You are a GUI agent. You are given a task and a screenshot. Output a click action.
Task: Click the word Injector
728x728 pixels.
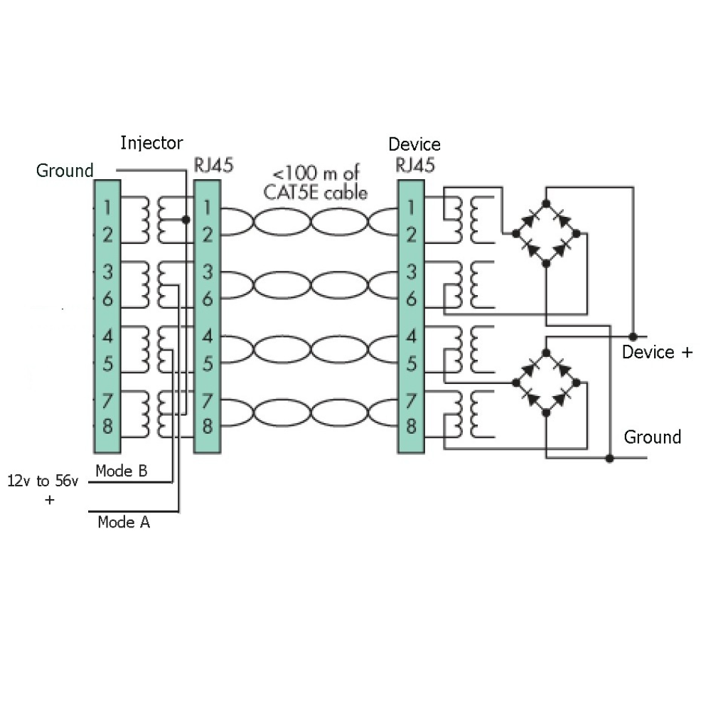[151, 142]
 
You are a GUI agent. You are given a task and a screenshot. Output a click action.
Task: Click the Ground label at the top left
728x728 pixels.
[65, 171]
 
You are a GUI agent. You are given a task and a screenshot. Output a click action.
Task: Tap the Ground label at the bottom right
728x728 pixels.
[652, 437]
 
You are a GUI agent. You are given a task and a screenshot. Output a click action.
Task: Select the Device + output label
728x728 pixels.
[657, 352]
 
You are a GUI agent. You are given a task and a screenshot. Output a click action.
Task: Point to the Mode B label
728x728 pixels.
[122, 470]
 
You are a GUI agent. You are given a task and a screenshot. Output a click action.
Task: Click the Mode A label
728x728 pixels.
[124, 523]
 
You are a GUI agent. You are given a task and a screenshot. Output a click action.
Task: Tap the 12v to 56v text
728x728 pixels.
[43, 481]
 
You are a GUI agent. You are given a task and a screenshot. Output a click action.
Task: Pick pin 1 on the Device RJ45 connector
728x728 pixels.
[411, 208]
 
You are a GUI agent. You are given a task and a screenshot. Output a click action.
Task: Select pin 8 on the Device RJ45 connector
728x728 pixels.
[411, 427]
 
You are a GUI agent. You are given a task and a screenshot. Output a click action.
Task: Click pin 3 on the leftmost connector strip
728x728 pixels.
[107, 272]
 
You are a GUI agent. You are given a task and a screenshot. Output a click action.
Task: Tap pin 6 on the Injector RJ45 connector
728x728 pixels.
[208, 299]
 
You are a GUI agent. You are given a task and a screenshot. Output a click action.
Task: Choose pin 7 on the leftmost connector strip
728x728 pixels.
[107, 401]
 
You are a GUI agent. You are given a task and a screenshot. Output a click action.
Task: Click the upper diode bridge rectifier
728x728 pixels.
[546, 232]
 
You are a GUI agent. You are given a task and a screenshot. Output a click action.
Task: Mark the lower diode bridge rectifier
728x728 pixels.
[546, 382]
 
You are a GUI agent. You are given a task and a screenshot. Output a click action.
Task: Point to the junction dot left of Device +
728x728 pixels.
[632, 335]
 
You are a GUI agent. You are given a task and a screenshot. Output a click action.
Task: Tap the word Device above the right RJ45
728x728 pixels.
[414, 145]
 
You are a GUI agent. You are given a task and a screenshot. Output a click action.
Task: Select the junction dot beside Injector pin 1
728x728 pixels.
[186, 220]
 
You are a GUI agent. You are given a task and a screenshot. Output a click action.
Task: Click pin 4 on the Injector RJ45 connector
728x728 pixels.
[208, 336]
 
